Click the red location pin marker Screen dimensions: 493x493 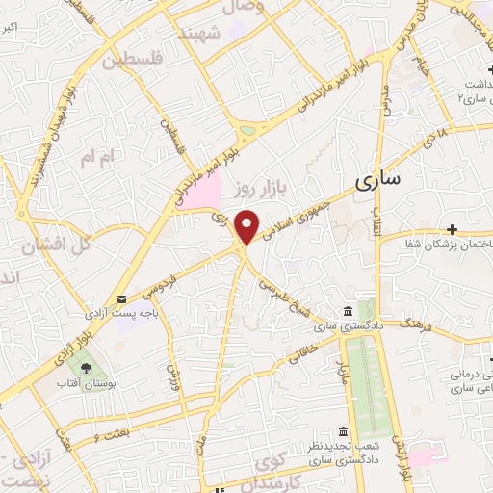[247, 225]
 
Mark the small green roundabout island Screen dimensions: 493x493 [248, 129]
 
